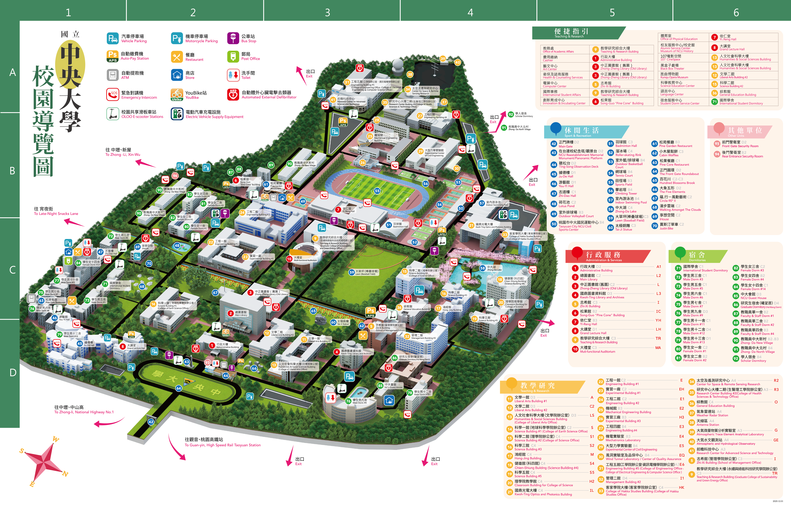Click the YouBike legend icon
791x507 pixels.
pyautogui.click(x=177, y=95)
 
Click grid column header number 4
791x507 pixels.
pyautogui.click(x=470, y=13)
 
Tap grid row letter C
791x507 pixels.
pyautogui.click(x=12, y=270)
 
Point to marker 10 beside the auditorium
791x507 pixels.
pyautogui.click(x=289, y=259)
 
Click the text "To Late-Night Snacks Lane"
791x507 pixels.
pyautogui.click(x=56, y=214)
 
